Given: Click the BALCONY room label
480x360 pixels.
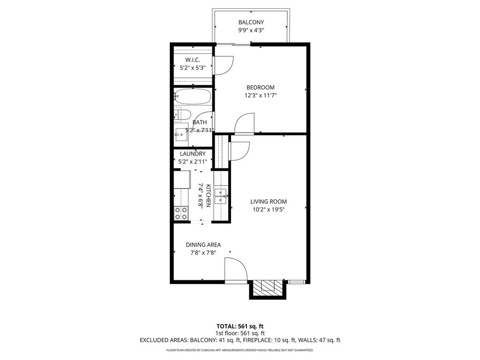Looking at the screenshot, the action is (251, 22).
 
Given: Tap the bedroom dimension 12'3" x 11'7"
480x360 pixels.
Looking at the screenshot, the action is (261, 95).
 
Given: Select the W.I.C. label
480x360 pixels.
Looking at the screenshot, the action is (193, 60).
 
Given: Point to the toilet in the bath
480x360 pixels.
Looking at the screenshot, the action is (182, 115).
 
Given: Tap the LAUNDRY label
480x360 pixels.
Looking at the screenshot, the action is (193, 154).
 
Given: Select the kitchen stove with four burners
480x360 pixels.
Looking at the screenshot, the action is (181, 213).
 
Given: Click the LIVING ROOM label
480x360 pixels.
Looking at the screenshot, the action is (269, 202).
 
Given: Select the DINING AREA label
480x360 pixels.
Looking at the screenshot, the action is (203, 245).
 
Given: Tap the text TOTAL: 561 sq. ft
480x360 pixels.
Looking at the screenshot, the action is (240, 326).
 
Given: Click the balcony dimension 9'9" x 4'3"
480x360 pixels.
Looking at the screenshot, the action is (251, 30).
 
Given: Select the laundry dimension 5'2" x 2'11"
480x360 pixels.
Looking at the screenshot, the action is (193, 162).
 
